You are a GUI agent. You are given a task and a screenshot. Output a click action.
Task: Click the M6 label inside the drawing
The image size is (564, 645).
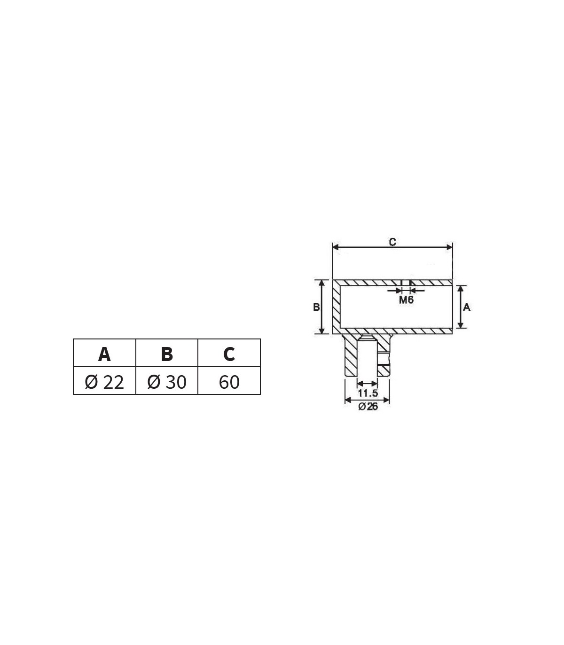click(x=406, y=299)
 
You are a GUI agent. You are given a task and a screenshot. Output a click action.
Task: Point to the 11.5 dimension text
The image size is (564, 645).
click(x=368, y=393)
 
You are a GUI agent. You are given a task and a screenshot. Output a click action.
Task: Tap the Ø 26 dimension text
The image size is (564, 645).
click(x=368, y=407)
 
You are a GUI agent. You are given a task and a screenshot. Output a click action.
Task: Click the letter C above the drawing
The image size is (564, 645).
click(x=392, y=242)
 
